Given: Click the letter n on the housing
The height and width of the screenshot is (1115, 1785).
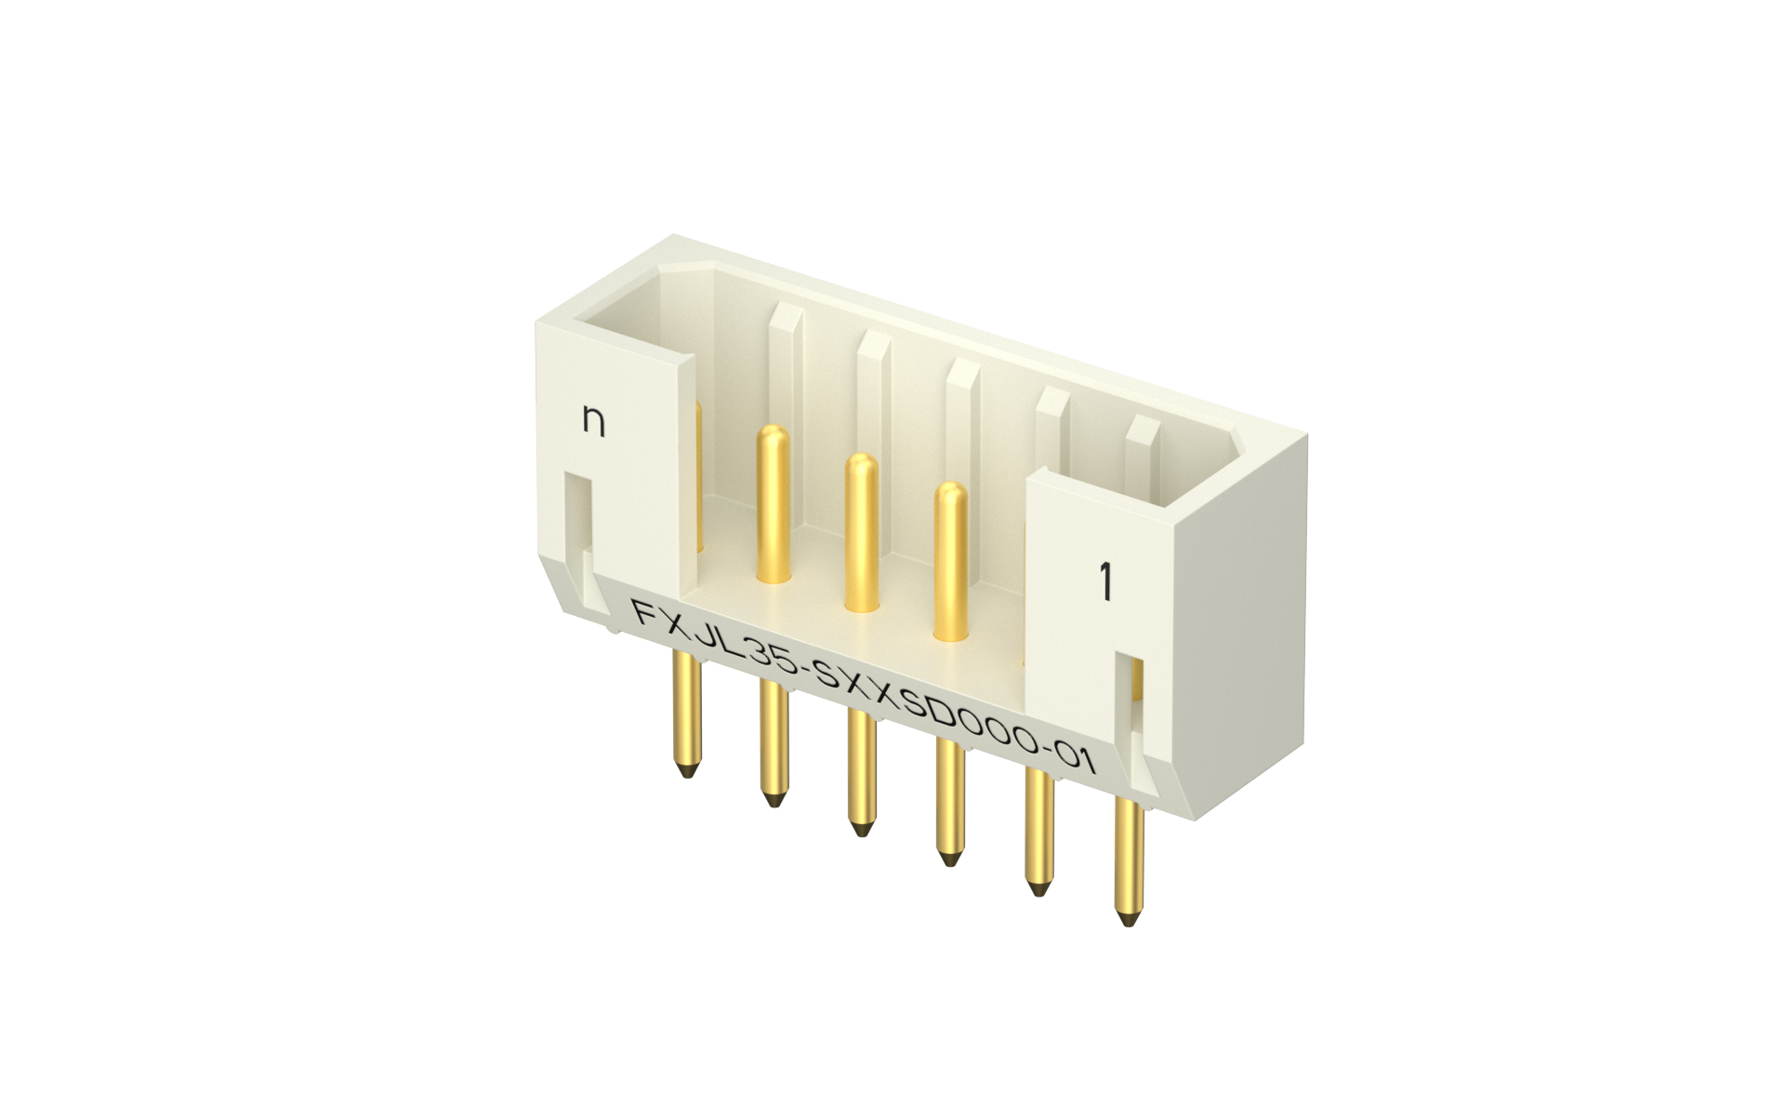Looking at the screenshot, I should point(593,420).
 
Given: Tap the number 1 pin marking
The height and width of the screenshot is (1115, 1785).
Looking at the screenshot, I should point(1105,582).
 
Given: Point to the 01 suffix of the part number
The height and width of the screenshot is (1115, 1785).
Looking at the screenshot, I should point(1076,758).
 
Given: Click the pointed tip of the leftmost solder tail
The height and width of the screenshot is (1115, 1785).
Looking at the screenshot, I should point(687,770).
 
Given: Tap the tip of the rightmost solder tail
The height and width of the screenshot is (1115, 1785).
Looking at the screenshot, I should point(1129,919).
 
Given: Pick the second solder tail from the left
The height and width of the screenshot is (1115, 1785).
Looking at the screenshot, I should point(773,743).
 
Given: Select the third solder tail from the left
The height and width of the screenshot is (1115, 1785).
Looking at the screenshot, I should point(862,771).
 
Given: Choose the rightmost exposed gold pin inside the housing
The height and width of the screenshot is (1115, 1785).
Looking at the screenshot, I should point(950,561).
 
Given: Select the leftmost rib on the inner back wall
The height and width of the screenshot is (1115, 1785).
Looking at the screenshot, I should point(786,372).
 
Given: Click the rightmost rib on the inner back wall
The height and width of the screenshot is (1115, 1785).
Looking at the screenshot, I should point(1143,455).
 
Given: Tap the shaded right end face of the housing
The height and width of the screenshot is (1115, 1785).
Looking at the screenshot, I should point(1241,632).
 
